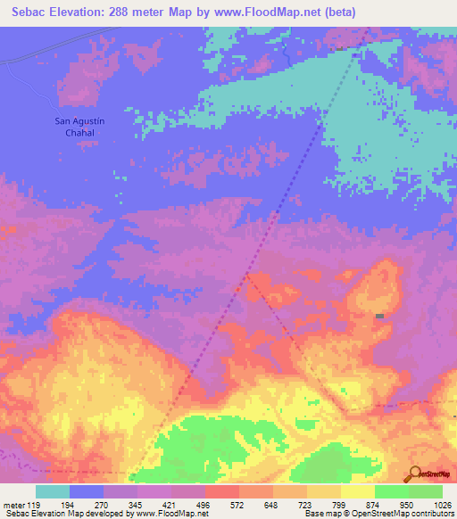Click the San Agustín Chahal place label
click(75, 127)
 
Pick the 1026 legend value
click(442, 504)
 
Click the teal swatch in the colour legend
click(53, 491)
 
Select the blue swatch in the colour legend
click(87, 491)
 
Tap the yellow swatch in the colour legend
click(358, 491)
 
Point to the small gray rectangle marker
click(380, 317)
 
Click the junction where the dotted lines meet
click(247, 276)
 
